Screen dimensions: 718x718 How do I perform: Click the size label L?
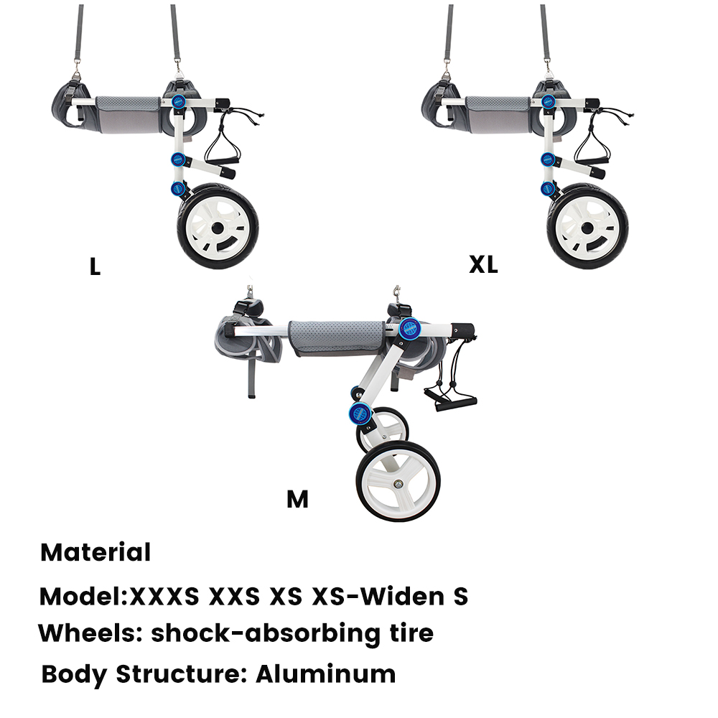point(95,267)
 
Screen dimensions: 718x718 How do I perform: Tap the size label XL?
point(483,265)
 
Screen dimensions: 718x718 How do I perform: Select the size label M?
point(297,499)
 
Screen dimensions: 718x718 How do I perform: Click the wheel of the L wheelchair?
point(218,227)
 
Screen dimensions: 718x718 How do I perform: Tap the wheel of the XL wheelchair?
point(588,227)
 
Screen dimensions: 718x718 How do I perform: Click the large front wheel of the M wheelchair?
point(398,482)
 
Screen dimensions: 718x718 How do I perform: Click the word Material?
point(95,553)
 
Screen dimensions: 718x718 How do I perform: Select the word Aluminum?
point(325,674)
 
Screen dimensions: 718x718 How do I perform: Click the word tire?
point(409,634)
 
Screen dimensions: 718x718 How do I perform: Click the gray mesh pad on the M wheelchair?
point(335,335)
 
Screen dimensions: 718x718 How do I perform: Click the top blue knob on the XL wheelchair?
point(548,102)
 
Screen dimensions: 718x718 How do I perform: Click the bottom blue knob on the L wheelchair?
point(177,189)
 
